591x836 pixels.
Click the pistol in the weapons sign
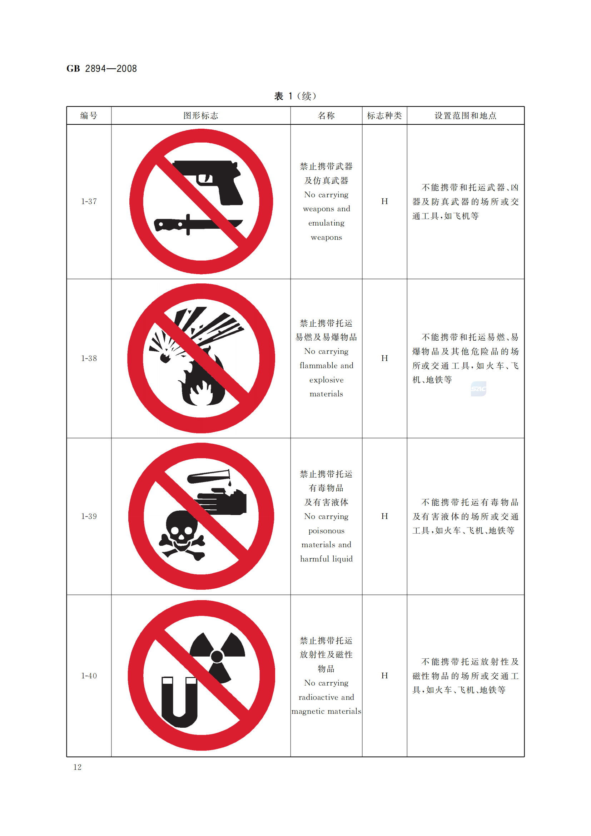(215, 182)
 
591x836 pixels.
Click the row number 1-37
(89, 201)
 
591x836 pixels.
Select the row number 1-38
(89, 358)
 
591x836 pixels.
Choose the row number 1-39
(89, 516)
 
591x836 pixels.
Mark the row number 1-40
(89, 676)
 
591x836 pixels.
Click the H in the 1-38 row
(385, 358)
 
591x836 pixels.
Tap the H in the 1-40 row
(385, 676)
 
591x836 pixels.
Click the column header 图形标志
(201, 116)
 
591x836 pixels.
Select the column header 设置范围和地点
(466, 116)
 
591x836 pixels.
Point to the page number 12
(78, 767)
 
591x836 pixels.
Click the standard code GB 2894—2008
(101, 69)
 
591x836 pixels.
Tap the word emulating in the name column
(327, 223)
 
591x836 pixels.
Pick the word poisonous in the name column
(327, 531)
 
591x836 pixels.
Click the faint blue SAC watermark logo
(478, 389)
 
